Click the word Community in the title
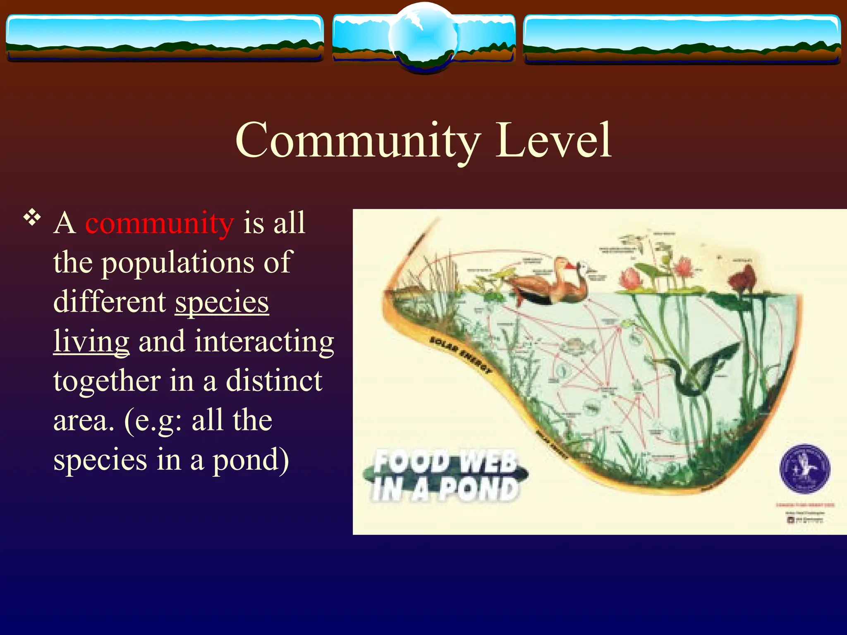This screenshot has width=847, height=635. coord(358,141)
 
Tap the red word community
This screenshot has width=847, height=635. coord(160,223)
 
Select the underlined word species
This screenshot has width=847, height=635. coord(222,302)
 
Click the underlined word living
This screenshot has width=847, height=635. coord(91,341)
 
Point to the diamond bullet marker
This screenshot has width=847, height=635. coord(32,217)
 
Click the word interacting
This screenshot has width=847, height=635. coord(236,341)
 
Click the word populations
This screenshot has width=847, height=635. coord(178,263)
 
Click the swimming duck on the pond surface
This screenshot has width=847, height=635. coord(546,285)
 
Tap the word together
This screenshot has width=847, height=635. coord(107,381)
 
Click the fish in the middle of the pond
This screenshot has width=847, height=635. coord(577,345)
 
